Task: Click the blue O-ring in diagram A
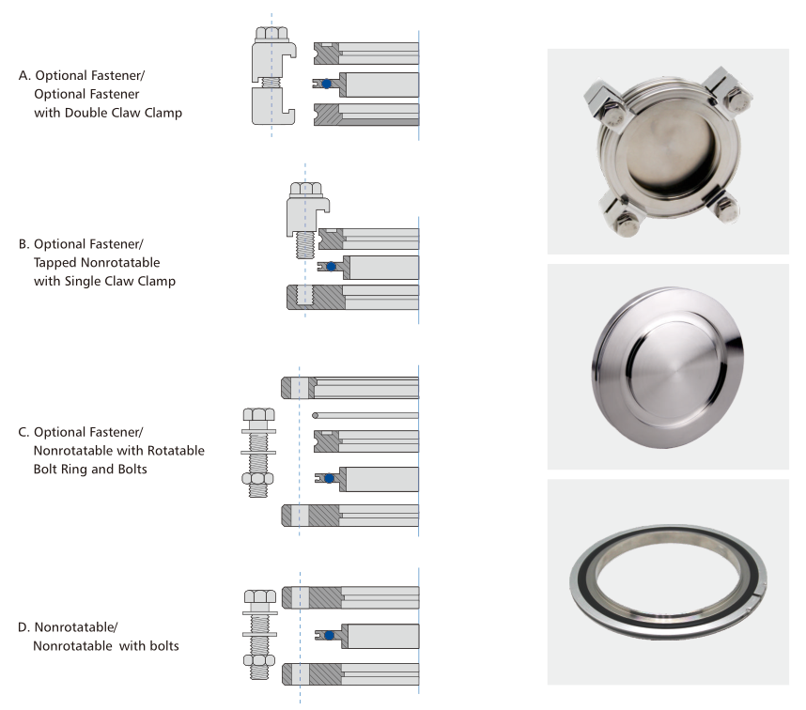pos(326,84)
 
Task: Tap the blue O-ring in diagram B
pos(331,267)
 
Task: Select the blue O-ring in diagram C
pos(330,478)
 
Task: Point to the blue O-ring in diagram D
pos(330,636)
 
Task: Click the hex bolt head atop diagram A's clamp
pos(271,35)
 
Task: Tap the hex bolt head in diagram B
pos(306,190)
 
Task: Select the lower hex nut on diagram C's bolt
pos(257,479)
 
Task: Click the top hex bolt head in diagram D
pos(260,596)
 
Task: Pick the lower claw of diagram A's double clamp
pos(273,106)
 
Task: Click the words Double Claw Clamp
pos(123,113)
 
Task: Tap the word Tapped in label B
pos(55,263)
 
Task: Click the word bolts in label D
pos(163,646)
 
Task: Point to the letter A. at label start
pos(24,75)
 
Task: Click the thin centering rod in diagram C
pos(365,415)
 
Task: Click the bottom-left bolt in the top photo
pos(623,217)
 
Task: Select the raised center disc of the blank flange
pos(671,367)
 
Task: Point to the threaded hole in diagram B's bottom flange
pos(304,297)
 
